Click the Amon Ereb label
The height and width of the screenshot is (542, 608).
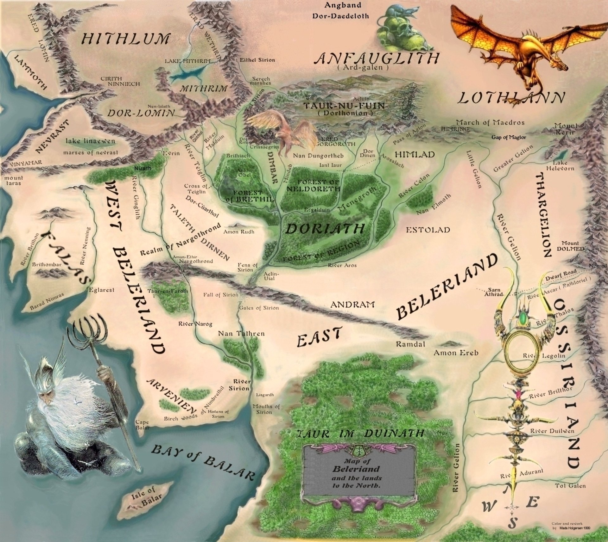point(456,353)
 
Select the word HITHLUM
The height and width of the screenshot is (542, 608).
point(125,39)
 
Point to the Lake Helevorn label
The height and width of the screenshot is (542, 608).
point(560,165)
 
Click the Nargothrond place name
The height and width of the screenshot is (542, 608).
point(196,261)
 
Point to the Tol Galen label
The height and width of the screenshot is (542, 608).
point(570,485)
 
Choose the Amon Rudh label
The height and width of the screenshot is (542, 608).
point(239,232)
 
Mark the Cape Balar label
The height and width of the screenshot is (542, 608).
point(142,425)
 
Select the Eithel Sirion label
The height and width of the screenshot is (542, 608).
point(257,60)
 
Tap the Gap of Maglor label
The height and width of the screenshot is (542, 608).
point(509,137)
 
